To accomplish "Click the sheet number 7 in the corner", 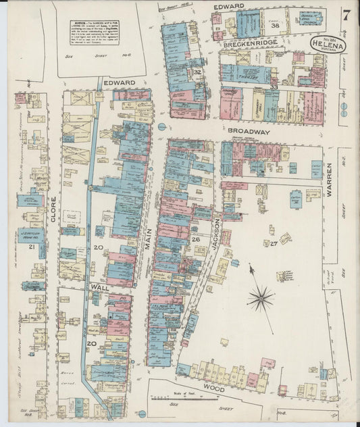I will click(x=346, y=13).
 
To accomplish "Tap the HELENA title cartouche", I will click(x=328, y=46).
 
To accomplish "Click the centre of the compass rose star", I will click(x=260, y=296).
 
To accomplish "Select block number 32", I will click(x=198, y=72).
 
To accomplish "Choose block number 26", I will click(x=195, y=239).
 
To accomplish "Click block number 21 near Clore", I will click(x=31, y=247).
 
